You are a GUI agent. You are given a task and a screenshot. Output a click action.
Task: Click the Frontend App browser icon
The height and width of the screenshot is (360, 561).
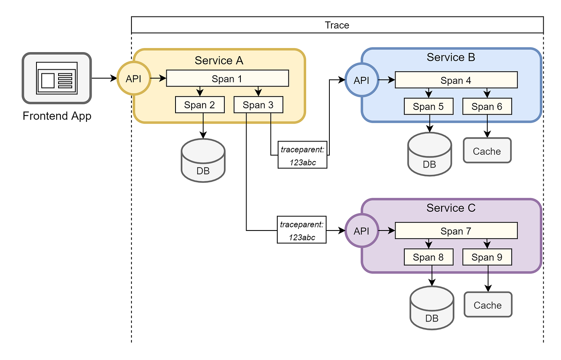point(57,78)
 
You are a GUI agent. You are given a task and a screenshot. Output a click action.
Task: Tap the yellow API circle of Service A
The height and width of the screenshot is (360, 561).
point(134,79)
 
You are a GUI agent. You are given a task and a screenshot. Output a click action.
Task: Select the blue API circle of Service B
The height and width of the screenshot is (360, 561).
point(361,80)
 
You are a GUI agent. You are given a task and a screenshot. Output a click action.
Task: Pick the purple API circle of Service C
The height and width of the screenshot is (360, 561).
point(361,231)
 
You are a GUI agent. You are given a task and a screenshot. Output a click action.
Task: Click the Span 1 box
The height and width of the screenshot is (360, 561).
point(227,79)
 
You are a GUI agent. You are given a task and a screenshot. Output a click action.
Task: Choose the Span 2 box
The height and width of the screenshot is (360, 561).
point(200,105)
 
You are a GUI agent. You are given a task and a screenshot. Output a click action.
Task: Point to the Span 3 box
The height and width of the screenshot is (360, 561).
point(258,105)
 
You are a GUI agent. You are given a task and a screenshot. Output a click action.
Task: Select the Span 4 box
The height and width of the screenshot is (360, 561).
point(456,80)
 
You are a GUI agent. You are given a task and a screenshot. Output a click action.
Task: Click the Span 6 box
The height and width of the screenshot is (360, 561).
point(487,107)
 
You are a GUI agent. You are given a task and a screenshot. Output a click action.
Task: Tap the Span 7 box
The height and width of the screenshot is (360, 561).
point(456,231)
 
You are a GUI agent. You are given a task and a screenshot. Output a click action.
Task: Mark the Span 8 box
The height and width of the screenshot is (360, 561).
point(428,257)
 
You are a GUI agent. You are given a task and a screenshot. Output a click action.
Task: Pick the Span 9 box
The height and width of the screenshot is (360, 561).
point(487,257)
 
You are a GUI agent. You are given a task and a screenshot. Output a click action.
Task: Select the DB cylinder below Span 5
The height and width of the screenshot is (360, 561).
point(430,155)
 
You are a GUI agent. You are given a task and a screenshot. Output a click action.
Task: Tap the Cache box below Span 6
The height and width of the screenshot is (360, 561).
point(487,151)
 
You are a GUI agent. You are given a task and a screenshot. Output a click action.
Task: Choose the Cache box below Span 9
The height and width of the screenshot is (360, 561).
point(488,305)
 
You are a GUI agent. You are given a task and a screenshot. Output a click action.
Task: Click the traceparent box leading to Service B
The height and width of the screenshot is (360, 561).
point(303,155)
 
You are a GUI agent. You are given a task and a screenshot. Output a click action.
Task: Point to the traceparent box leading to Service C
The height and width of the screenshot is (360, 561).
point(302,230)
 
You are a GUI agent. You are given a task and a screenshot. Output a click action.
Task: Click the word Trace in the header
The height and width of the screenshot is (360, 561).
point(337,25)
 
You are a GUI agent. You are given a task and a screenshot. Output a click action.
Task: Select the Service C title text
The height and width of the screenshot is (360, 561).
point(451,208)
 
